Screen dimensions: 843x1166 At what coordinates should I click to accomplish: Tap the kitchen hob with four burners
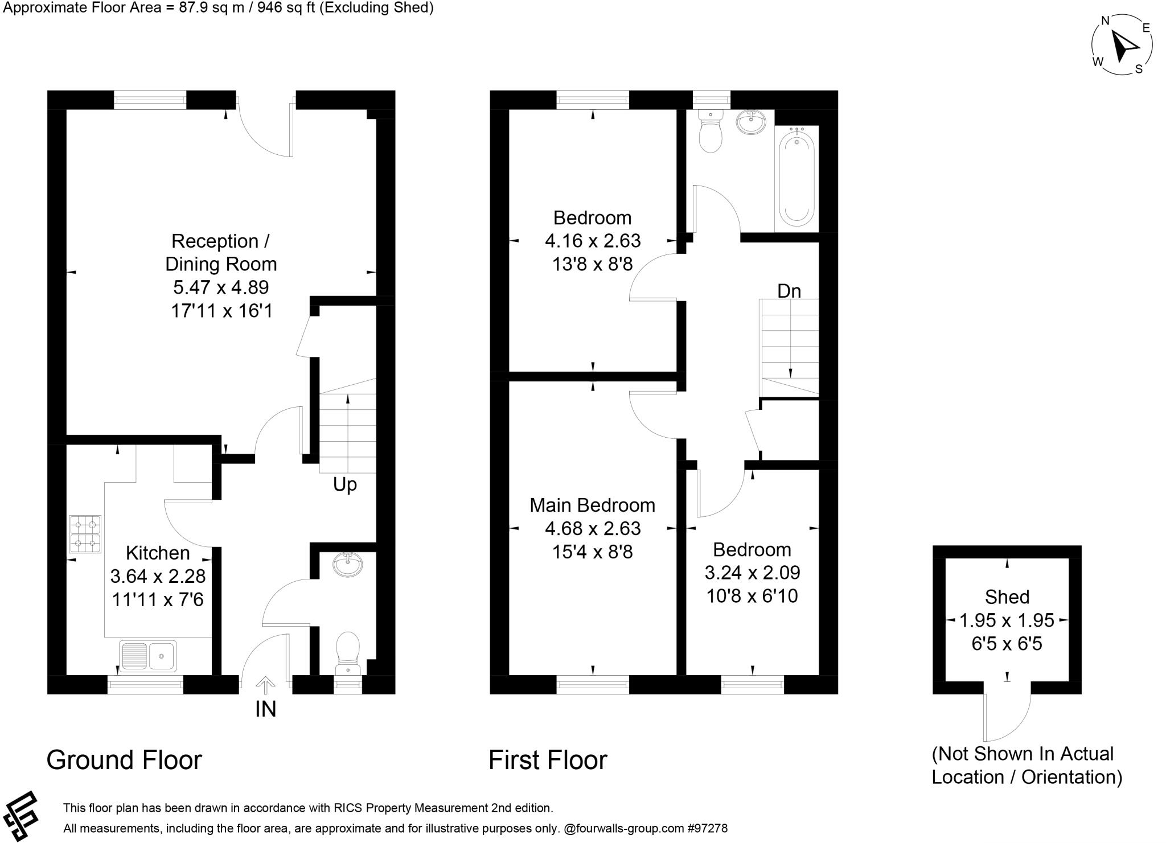85,534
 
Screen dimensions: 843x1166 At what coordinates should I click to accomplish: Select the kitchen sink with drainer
148,656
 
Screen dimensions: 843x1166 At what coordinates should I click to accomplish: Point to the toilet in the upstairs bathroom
710,133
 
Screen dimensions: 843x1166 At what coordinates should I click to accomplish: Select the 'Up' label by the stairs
344,484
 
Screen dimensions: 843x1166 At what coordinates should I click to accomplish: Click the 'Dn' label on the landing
789,291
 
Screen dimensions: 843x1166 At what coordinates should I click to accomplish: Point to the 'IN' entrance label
265,709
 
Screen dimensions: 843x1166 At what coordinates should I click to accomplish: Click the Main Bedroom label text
592,505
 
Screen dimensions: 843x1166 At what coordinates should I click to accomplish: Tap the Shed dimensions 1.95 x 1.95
1007,620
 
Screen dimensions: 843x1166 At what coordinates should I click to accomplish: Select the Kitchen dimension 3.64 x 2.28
158,576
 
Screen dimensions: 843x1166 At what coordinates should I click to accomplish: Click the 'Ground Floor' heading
124,760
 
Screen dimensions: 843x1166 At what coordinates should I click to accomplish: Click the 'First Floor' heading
548,760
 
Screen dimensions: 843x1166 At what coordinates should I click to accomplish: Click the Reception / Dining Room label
221,252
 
